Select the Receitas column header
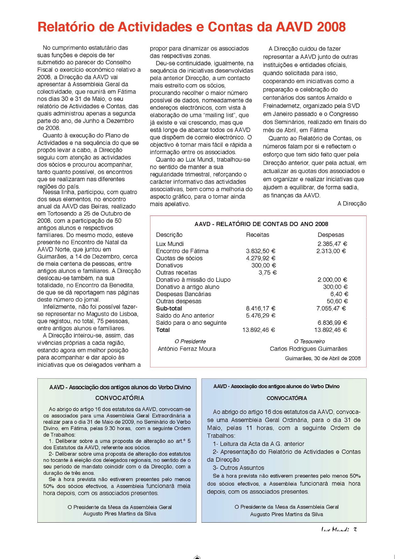(257, 235)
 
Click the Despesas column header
(330, 235)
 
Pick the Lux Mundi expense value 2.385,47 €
(332, 244)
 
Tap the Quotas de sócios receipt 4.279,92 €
(261, 258)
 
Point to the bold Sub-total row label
(169, 308)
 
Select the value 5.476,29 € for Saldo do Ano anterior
(261, 315)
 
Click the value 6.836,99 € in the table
(332, 322)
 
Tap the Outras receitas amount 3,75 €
(267, 273)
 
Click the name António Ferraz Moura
(186, 349)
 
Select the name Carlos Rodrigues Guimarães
(308, 349)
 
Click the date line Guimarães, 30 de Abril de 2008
(322, 358)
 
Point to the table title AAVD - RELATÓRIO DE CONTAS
(261, 224)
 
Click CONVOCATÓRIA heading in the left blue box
(119, 398)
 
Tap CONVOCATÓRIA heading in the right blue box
(286, 398)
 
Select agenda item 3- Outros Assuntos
(239, 467)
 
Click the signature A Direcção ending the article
(352, 203)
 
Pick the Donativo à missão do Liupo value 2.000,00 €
(332, 279)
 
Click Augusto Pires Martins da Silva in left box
(119, 514)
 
